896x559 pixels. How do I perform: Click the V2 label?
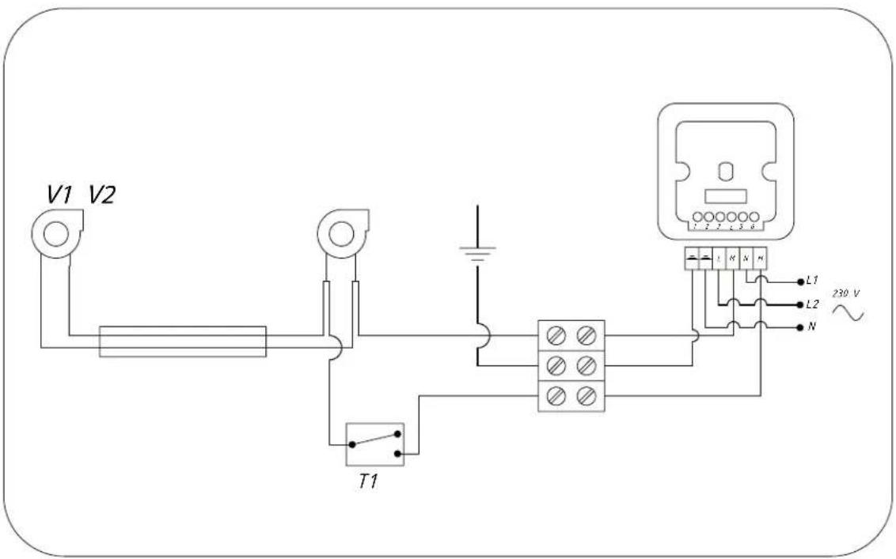(x=101, y=195)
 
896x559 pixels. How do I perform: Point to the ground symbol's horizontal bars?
(x=477, y=252)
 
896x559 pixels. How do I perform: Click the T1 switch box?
(x=374, y=444)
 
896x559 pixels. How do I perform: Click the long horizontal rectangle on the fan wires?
(x=183, y=341)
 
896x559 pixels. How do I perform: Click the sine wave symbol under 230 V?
(x=848, y=314)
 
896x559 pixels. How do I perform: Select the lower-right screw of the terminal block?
(x=587, y=395)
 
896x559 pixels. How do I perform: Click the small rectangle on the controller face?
(x=725, y=195)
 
